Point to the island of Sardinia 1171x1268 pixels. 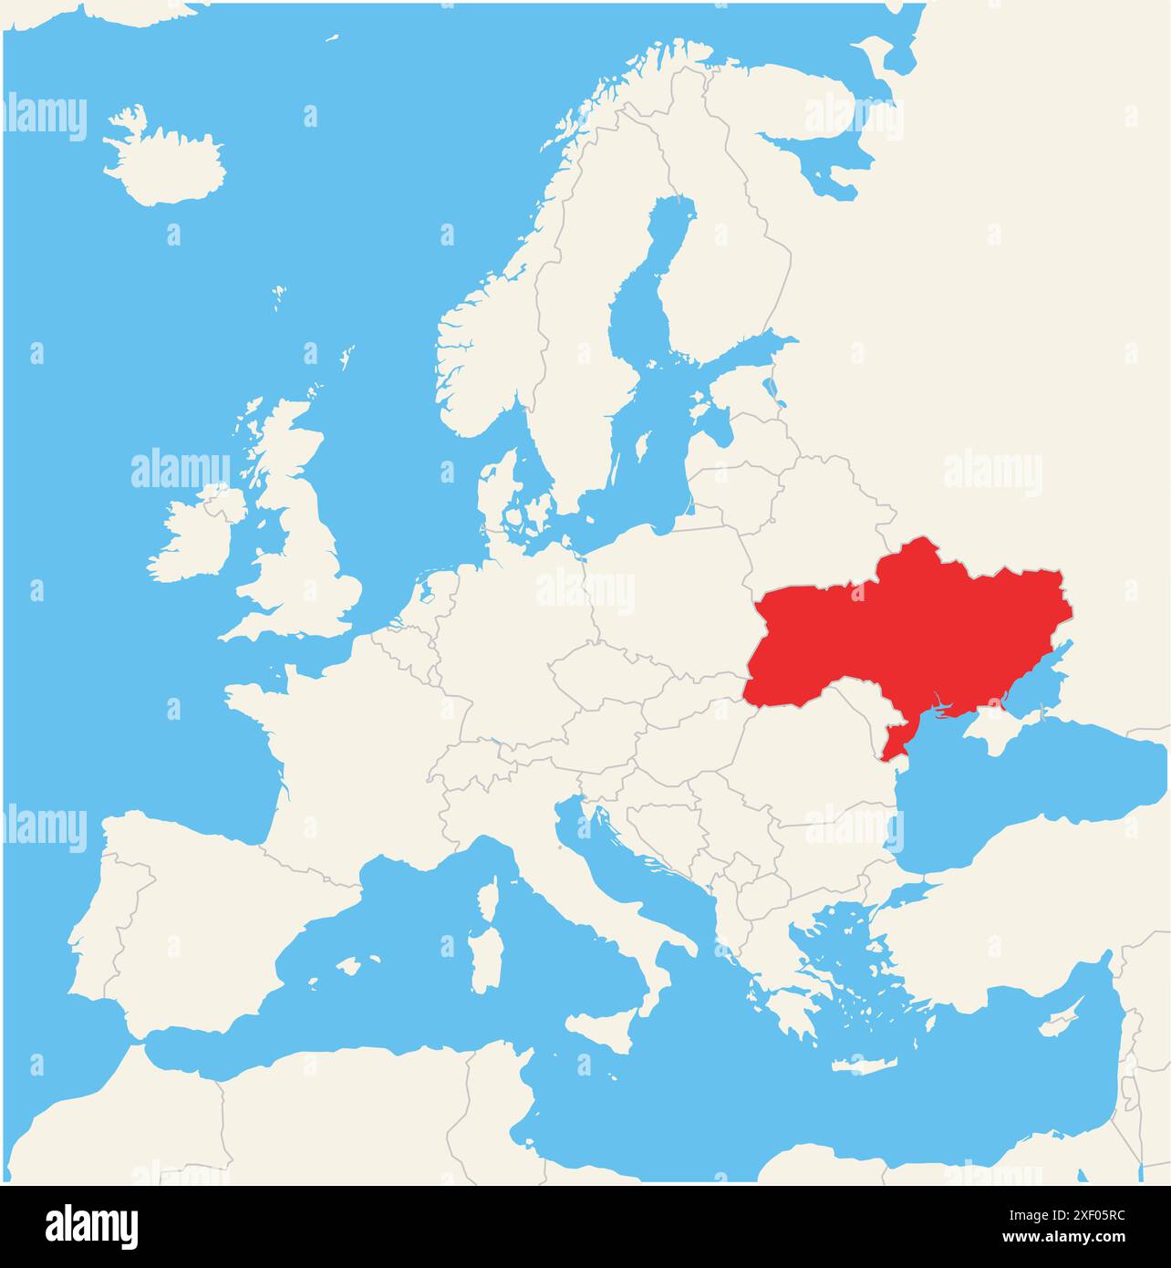coord(482,958)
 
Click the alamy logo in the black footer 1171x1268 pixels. coord(91,1226)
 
